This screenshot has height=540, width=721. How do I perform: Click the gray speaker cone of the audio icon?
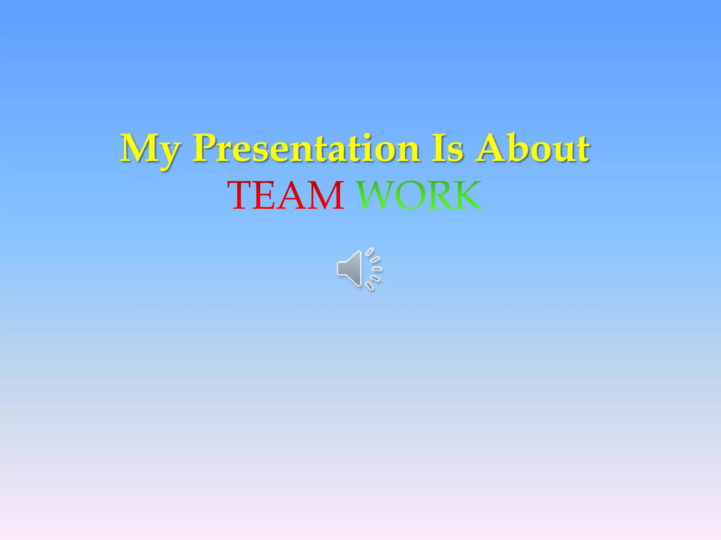(350, 269)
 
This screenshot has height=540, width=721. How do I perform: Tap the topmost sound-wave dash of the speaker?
(369, 252)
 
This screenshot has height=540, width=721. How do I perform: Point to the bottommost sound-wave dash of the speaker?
(369, 286)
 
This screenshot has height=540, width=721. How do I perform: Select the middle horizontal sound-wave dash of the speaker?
(377, 269)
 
